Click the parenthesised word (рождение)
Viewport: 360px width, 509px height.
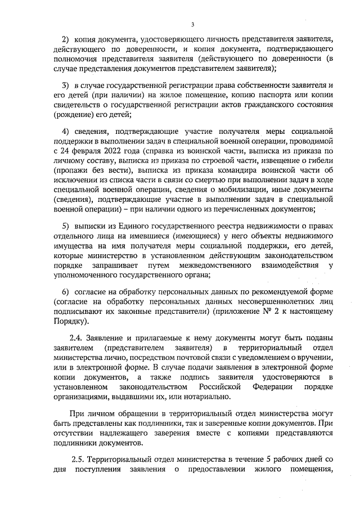[75, 114]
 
